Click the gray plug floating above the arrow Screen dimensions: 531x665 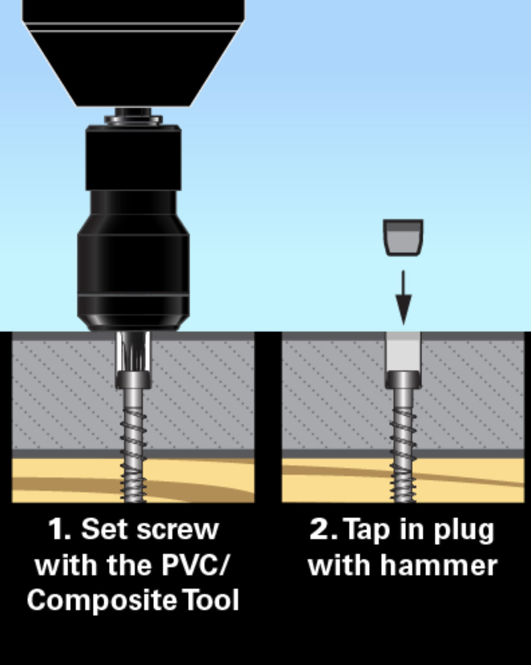(403, 237)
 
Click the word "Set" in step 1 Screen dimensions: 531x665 (103, 529)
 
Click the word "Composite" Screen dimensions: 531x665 (102, 600)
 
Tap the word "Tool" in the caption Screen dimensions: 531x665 (211, 600)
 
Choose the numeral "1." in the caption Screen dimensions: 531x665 (59, 529)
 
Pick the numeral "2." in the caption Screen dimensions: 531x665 (323, 529)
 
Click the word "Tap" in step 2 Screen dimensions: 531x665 (366, 530)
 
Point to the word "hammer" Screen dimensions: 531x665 (439, 565)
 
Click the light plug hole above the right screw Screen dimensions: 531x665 (403, 351)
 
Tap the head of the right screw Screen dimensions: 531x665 (403, 380)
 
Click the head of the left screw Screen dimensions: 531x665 (133, 380)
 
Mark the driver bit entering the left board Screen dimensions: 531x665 (133, 351)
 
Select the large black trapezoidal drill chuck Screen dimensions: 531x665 (133, 52)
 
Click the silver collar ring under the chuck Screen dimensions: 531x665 (133, 120)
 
